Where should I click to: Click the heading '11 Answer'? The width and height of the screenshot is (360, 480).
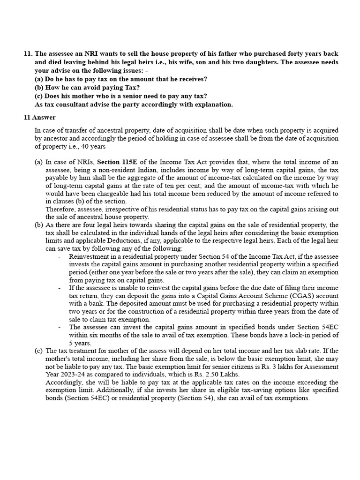pyautogui.click(x=40, y=118)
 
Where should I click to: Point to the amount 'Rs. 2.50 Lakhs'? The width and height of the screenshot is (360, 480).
pyautogui.click(x=218, y=374)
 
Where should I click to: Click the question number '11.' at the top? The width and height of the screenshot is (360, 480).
pyautogui.click(x=28, y=54)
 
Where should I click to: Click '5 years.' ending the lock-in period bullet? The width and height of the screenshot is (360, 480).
pyautogui.click(x=80, y=343)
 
